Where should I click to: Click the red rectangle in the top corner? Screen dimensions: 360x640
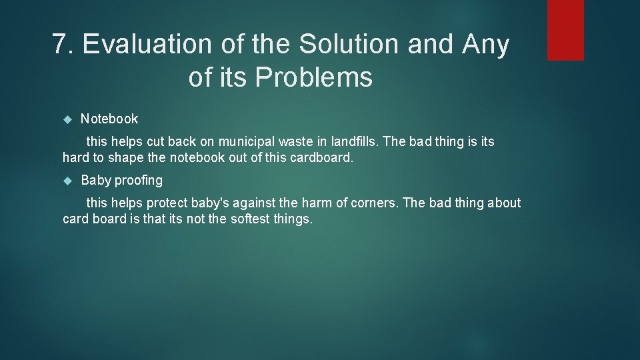point(565,30)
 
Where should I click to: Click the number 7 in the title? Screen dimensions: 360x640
point(61,45)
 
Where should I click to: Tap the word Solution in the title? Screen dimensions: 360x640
point(349,45)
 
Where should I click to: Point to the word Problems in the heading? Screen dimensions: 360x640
point(313,78)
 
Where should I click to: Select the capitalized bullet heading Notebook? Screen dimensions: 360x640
point(109,119)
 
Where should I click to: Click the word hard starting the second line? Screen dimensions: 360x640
point(75,158)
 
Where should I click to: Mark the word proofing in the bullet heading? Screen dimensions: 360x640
point(138,181)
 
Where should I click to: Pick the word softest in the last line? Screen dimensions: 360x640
point(249,219)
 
